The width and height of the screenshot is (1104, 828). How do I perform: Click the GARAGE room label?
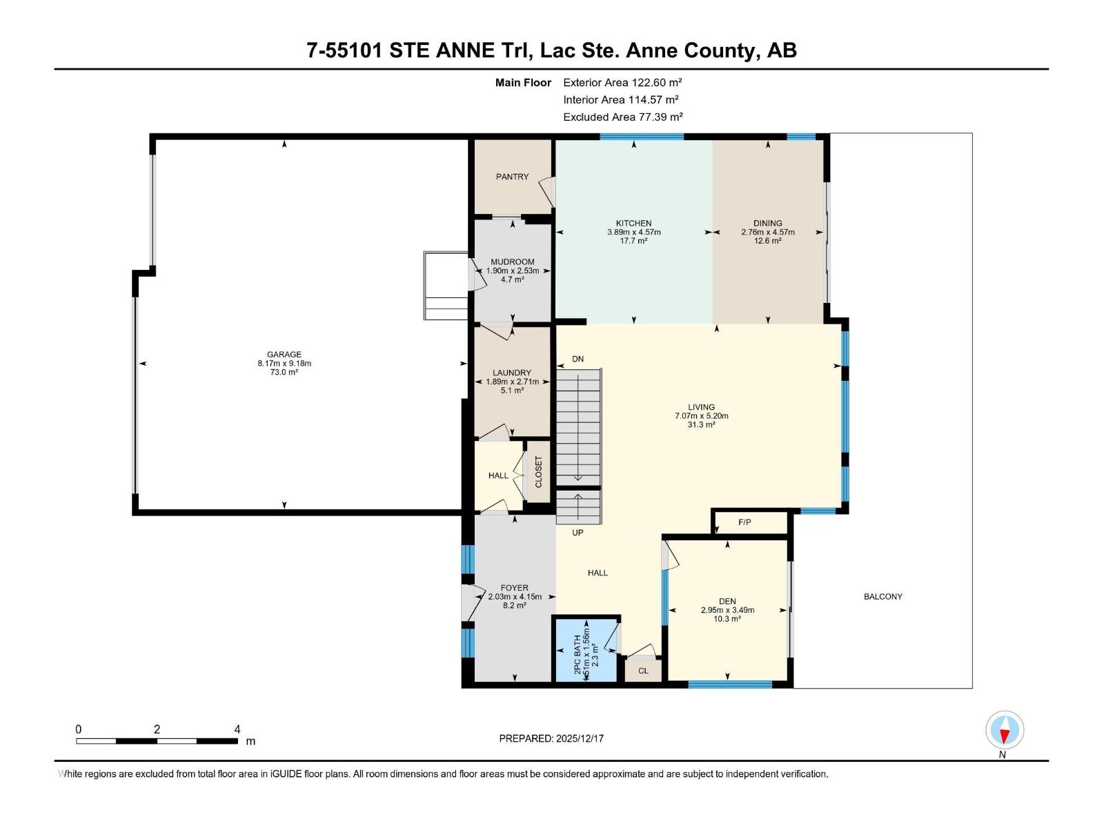tap(284, 355)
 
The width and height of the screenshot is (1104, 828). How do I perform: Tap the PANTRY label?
tap(512, 177)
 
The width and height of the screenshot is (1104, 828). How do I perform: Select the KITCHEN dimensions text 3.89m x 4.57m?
tap(633, 233)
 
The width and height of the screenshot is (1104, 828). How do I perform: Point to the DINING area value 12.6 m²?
tap(767, 241)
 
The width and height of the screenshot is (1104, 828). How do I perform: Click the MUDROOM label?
tap(512, 262)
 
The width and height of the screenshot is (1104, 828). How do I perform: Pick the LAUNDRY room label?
tap(512, 373)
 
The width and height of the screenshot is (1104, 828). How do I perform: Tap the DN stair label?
tap(578, 359)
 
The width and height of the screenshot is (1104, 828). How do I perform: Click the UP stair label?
tap(578, 533)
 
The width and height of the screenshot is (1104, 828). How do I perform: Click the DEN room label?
tap(727, 601)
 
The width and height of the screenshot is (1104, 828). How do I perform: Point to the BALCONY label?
tap(883, 596)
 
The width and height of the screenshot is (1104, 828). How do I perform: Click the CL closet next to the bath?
tap(643, 671)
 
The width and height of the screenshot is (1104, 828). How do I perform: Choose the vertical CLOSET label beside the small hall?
tap(538, 473)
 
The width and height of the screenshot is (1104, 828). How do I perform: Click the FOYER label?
tap(515, 588)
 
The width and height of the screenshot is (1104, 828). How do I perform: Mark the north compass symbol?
tap(1005, 731)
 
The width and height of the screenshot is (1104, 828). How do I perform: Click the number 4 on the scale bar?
tap(237, 729)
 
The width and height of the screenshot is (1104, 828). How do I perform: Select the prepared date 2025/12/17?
tap(580, 738)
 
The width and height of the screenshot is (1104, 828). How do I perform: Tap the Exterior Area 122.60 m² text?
tap(622, 82)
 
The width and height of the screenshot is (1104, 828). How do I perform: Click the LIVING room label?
tap(701, 407)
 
